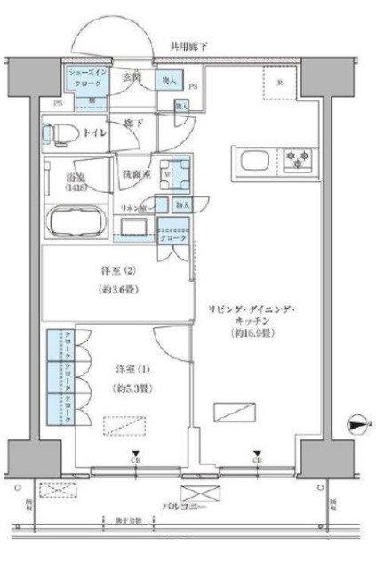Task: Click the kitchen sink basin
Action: point(252,162)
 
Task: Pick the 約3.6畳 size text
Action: point(113,290)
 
